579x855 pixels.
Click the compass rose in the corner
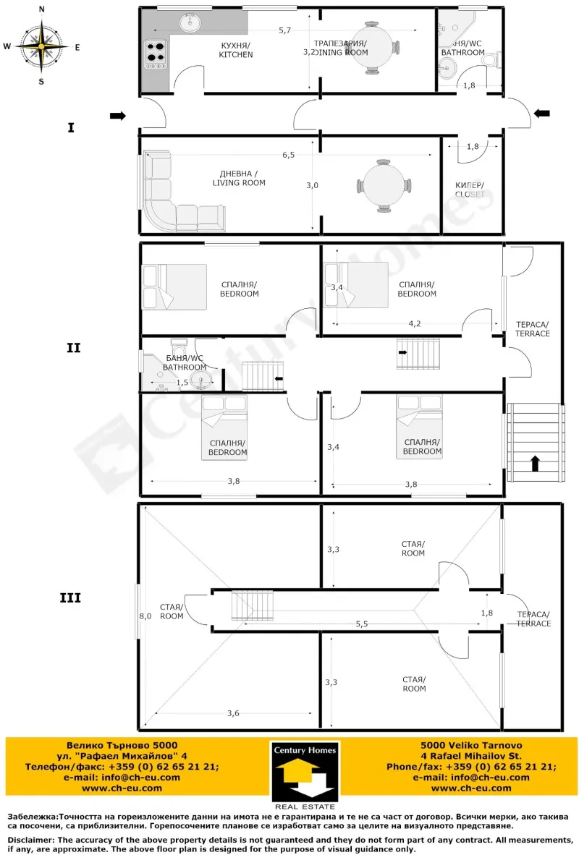pyautogui.click(x=41, y=46)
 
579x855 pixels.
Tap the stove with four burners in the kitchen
pyautogui.click(x=156, y=53)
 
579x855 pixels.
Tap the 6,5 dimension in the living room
pyautogui.click(x=288, y=155)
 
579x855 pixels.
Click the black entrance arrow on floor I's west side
pyautogui.click(x=117, y=116)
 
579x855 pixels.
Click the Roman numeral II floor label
pyautogui.click(x=73, y=347)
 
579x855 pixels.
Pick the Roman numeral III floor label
pyautogui.click(x=69, y=598)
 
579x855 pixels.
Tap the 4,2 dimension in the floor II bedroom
pyautogui.click(x=415, y=323)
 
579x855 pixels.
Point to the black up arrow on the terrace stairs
pyautogui.click(x=536, y=463)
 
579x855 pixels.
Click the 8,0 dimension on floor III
pyautogui.click(x=145, y=616)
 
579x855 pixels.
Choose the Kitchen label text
pyautogui.click(x=236, y=50)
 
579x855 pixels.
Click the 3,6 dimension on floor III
pyautogui.click(x=233, y=714)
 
